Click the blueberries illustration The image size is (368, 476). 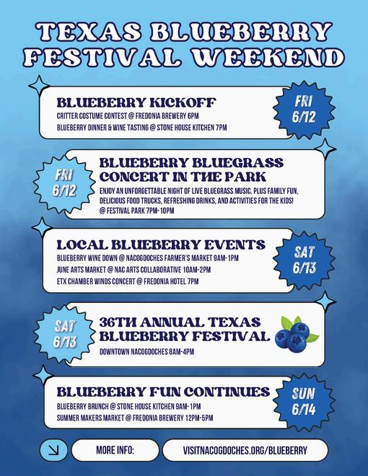click(297, 334)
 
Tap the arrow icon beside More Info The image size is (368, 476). click(53, 450)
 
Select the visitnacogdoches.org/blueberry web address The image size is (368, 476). click(245, 450)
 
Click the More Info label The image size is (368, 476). click(115, 450)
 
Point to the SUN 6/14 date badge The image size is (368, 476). click(304, 401)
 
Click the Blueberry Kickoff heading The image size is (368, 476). click(136, 102)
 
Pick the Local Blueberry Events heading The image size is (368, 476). click(161, 244)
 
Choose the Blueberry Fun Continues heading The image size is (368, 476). click(163, 392)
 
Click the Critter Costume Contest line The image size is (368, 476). click(128, 116)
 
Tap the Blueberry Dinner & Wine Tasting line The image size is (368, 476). click(142, 128)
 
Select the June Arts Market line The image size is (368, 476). click(133, 270)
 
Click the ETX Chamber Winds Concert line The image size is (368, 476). click(128, 281)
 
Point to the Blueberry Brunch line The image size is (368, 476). click(128, 406)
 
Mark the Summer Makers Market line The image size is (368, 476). click(135, 418)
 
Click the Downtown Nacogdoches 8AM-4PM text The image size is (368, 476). click(146, 352)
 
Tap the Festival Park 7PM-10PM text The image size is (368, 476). click(137, 211)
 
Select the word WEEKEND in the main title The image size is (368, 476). click(269, 58)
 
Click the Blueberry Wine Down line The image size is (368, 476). click(148, 258)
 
